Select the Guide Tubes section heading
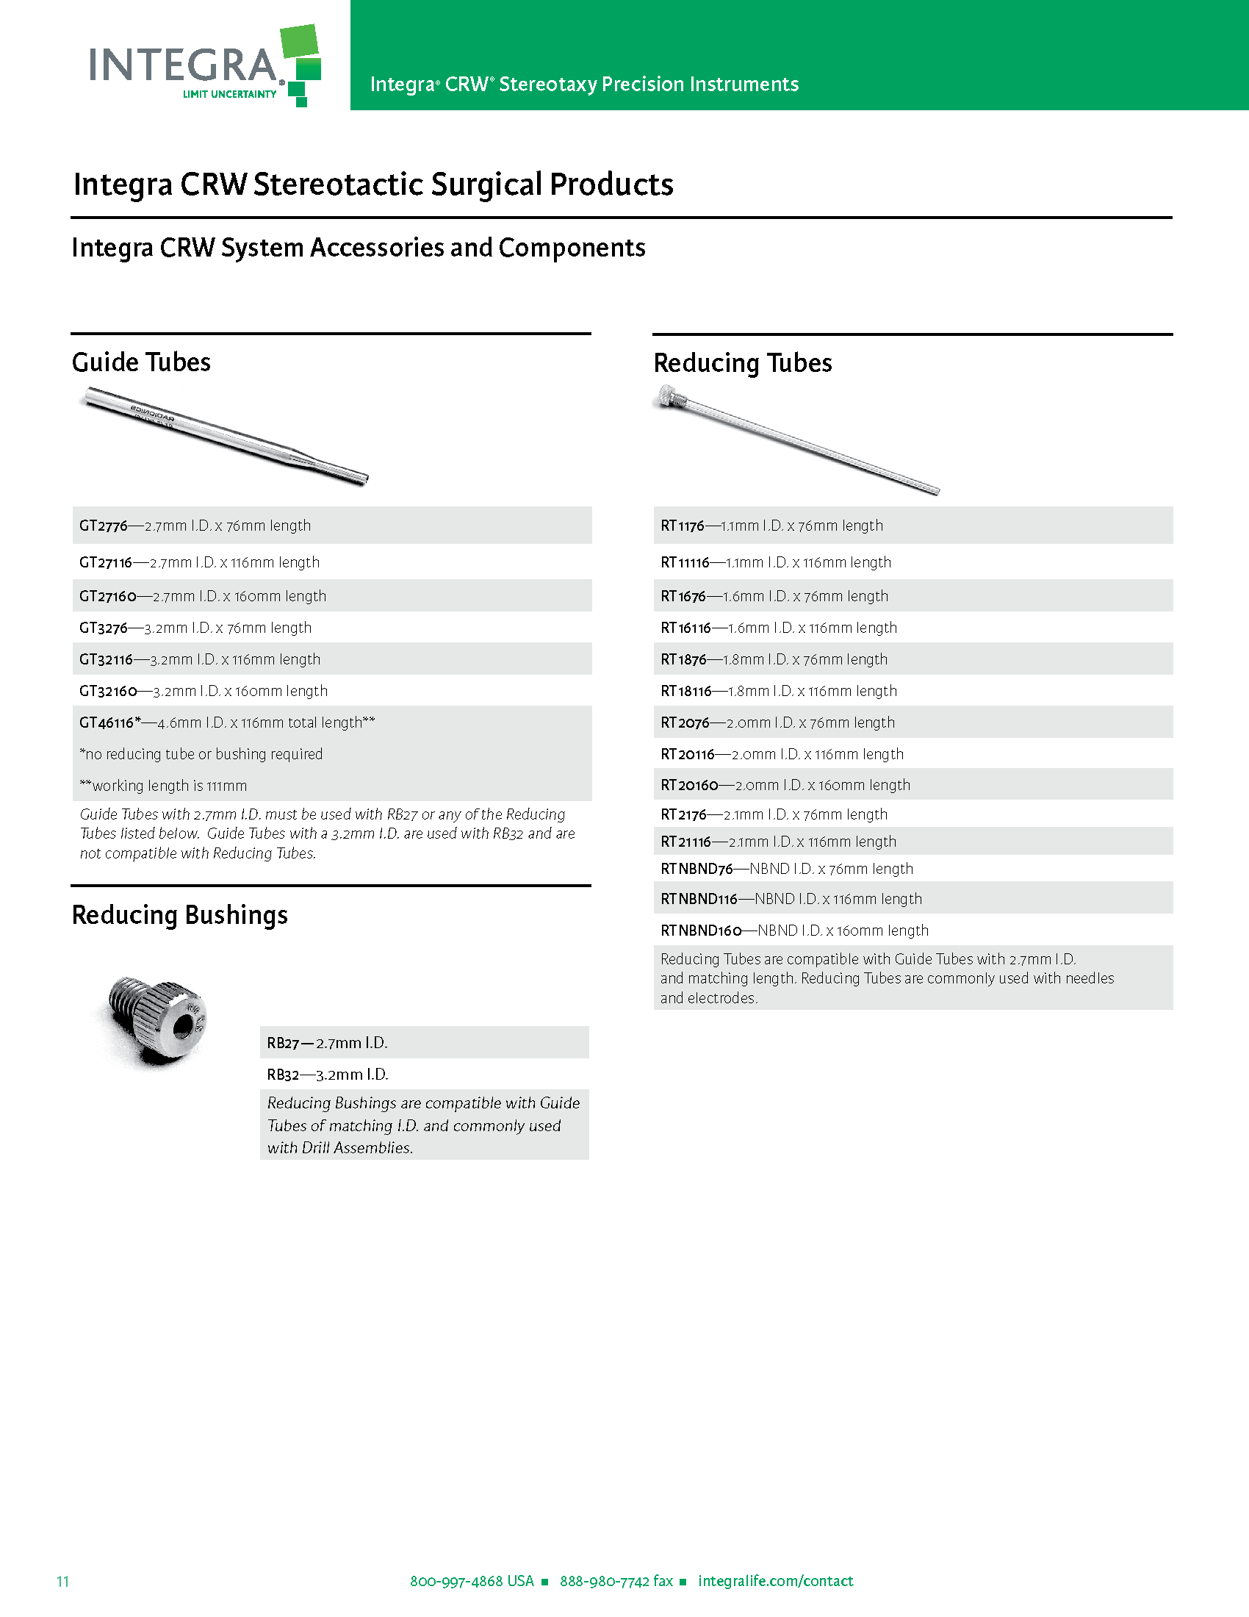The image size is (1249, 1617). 140,362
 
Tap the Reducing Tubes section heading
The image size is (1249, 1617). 742,363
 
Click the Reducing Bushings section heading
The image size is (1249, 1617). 179,915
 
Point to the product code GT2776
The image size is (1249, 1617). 104,526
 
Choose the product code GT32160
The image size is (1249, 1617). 108,691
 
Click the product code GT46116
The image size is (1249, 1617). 107,723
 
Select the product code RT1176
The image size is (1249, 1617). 683,526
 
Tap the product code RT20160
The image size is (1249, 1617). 689,785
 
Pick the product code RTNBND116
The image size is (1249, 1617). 699,899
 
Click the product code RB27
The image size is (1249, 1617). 283,1043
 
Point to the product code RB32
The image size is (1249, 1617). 283,1075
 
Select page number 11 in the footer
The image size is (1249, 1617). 63,1582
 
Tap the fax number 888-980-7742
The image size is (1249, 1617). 605,1582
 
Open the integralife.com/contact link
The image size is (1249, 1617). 775,1582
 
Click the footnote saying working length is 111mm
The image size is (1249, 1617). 165,786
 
